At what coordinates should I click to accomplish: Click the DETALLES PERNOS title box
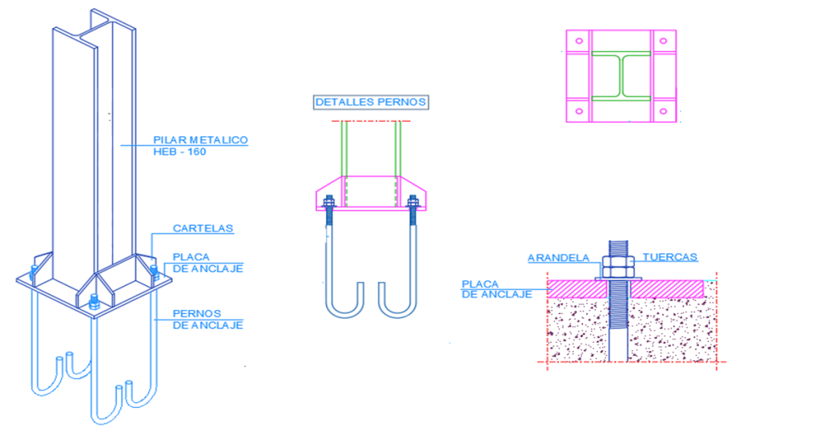pos(371,102)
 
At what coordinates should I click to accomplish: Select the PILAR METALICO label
pos(200,139)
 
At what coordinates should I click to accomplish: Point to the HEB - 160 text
pos(179,151)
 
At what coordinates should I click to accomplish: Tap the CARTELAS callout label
pos(203,228)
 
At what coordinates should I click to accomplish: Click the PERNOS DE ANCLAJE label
pos(207,319)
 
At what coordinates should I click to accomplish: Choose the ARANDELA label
pos(558,258)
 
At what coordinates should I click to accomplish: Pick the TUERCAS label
pos(670,257)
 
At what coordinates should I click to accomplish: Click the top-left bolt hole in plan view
pos(579,41)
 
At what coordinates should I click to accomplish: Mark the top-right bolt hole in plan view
pos(663,41)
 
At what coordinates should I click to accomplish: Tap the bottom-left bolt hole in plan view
pos(579,111)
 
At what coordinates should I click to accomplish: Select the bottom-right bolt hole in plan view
pos(663,111)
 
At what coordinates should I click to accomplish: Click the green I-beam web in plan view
pos(621,76)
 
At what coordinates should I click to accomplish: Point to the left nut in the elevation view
pos(329,201)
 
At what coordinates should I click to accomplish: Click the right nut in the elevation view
pos(412,201)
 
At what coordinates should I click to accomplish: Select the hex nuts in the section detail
pos(618,266)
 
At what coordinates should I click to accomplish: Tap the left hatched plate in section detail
pos(577,289)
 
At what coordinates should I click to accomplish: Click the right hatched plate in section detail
pos(667,289)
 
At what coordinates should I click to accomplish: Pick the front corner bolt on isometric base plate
pos(94,301)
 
